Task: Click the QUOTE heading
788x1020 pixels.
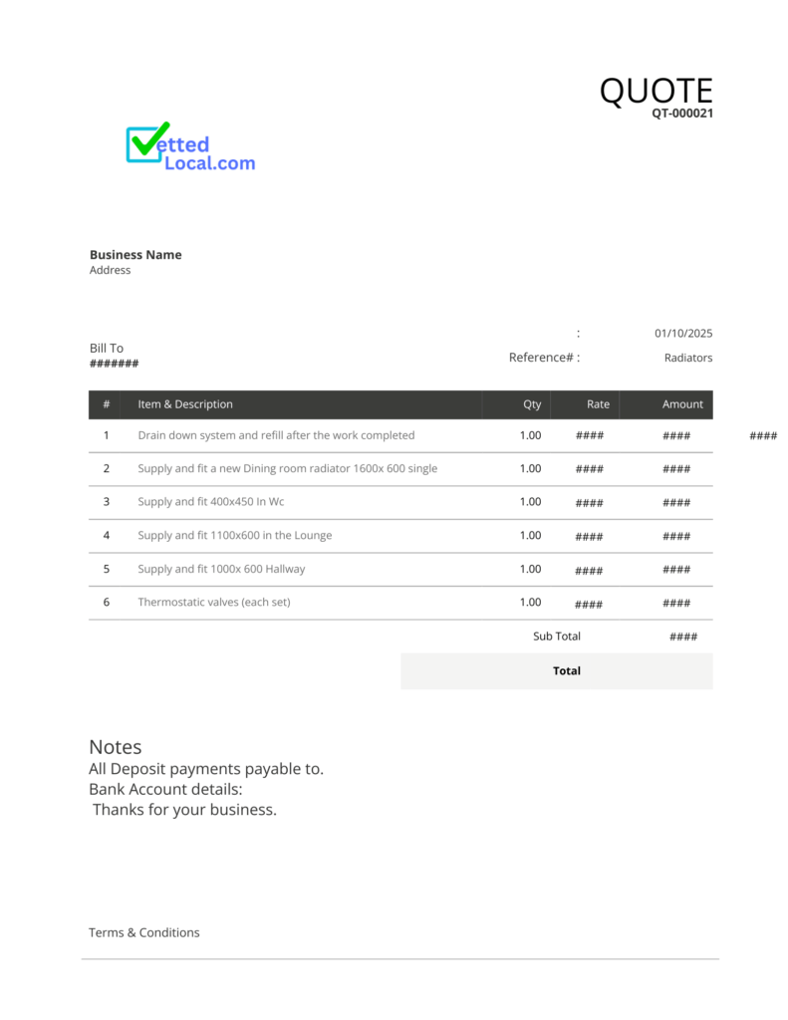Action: [656, 91]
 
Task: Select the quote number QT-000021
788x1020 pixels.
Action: [682, 114]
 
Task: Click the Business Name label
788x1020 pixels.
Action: [135, 255]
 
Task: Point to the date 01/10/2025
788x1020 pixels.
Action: [683, 334]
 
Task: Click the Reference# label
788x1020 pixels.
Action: [541, 358]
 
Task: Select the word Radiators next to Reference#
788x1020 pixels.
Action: [688, 358]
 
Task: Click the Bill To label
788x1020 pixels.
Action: [107, 349]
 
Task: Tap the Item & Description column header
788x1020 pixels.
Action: [185, 404]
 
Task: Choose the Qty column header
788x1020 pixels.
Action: [532, 404]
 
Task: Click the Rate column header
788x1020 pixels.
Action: [598, 404]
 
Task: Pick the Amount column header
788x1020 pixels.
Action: [682, 404]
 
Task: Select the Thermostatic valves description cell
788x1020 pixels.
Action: [214, 603]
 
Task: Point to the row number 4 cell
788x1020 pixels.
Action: [107, 536]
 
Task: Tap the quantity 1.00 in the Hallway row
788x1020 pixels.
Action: [530, 570]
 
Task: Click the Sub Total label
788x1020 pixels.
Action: [557, 637]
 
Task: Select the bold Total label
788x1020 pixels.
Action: [567, 671]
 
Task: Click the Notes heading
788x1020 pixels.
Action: [116, 747]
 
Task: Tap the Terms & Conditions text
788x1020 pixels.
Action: [144, 933]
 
